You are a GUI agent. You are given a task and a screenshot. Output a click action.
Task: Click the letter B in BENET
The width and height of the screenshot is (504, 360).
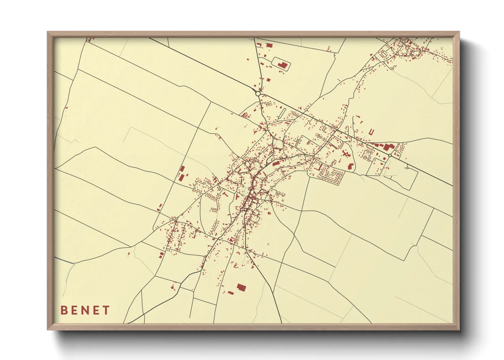point(64,310)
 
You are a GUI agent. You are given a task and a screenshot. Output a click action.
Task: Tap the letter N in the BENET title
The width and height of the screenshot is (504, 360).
point(85,310)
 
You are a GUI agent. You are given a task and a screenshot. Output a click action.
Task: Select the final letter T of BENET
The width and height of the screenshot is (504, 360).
point(107,310)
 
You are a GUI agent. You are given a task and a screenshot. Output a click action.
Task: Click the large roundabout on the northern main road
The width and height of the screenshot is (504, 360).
point(258,93)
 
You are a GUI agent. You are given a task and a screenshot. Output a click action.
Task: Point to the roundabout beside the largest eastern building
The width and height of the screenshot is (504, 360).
point(390,155)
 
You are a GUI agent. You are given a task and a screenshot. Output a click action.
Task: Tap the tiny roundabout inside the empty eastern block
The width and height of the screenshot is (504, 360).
point(407,168)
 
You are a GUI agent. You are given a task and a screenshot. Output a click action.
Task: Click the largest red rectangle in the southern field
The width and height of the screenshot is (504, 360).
point(241,288)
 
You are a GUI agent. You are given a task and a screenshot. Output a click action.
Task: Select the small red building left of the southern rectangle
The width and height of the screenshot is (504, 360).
point(231,293)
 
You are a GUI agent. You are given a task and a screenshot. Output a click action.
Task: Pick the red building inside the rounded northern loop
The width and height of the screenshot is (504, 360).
point(282,65)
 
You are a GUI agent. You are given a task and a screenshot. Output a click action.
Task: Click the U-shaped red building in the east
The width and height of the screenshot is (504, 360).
point(371,132)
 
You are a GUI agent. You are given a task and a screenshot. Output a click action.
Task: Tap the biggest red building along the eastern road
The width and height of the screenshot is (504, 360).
point(388,147)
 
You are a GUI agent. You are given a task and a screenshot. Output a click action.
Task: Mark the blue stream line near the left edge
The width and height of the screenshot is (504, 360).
point(65,261)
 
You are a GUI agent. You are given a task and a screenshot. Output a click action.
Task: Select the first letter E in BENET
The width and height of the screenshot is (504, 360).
point(75,310)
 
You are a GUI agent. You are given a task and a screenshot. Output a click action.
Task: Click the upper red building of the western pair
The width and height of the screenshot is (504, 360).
point(182,169)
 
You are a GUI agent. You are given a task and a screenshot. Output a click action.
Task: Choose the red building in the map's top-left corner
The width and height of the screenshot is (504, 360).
point(90,40)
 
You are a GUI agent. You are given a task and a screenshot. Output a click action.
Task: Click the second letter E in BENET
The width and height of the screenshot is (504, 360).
point(96,310)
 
